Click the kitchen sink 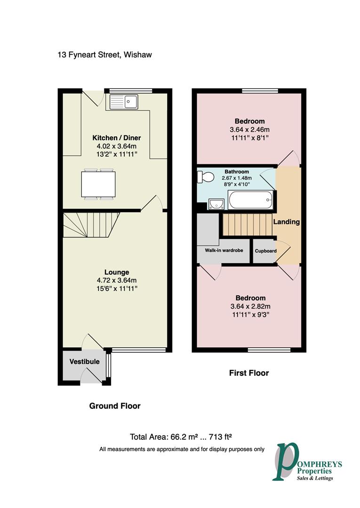pyautogui.click(x=124, y=102)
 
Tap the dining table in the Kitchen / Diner pyautogui.click(x=98, y=184)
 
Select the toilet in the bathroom pyautogui.click(x=206, y=177)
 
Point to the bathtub pyautogui.click(x=251, y=200)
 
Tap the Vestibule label pyautogui.click(x=84, y=362)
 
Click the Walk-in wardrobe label pyautogui.click(x=224, y=250)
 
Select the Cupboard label pyautogui.click(x=266, y=251)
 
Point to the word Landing pyautogui.click(x=287, y=222)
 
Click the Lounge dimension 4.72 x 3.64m pyautogui.click(x=117, y=280)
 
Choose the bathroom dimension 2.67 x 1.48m pyautogui.click(x=237, y=178)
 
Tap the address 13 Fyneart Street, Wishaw pyautogui.click(x=104, y=55)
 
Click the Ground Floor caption pyautogui.click(x=115, y=406)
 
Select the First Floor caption pyautogui.click(x=249, y=373)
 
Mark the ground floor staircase pyautogui.click(x=91, y=225)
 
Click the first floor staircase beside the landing pyautogui.click(x=248, y=224)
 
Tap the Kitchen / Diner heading pyautogui.click(x=117, y=138)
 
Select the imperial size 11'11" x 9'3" pyautogui.click(x=251, y=315)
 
